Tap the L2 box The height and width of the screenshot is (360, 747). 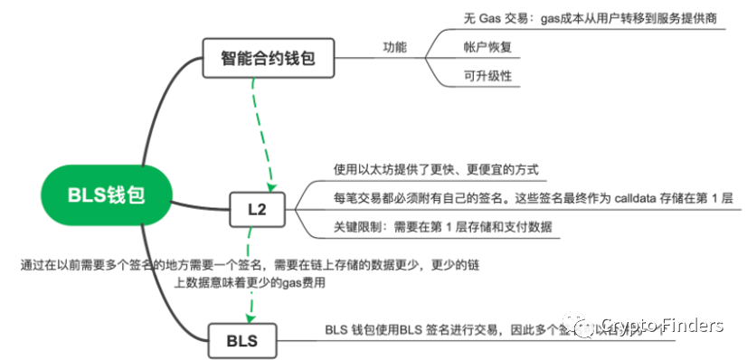[257, 210]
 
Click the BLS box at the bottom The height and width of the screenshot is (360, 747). [241, 342]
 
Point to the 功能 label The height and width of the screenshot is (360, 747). [396, 46]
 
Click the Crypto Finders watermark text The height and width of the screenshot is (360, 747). [662, 326]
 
